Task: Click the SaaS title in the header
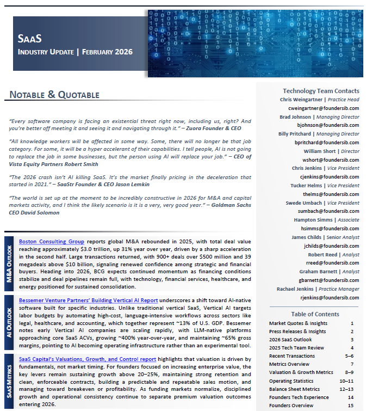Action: click(30, 39)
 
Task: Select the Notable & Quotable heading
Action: click(54, 95)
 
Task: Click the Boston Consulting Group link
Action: click(52, 241)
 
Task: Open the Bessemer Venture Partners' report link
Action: click(88, 300)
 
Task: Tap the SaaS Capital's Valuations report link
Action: click(88, 359)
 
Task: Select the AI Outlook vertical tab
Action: click(9, 322)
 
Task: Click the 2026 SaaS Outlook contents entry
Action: click(291, 339)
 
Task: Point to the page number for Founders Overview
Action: click(351, 406)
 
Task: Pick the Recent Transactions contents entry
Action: click(291, 355)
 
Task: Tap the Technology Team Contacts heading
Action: click(321, 91)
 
